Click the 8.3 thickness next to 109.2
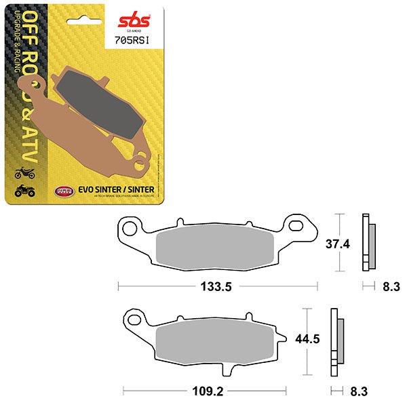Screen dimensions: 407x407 360,391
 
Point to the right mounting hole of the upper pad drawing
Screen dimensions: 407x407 296,224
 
